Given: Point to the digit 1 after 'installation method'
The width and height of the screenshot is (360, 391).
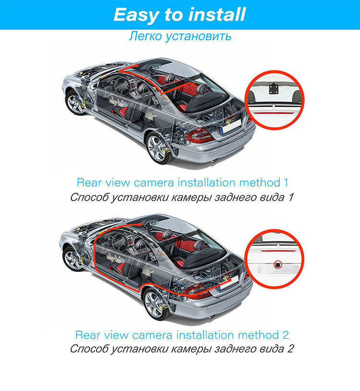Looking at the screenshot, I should [x=286, y=182].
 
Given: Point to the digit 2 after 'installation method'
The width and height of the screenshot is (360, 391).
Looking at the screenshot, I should [x=286, y=334].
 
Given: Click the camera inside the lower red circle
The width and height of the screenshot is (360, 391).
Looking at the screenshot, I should [x=277, y=264].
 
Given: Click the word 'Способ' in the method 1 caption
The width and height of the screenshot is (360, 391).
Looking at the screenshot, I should [x=89, y=197].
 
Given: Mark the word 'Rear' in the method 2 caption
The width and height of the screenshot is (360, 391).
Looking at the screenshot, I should [x=87, y=334].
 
